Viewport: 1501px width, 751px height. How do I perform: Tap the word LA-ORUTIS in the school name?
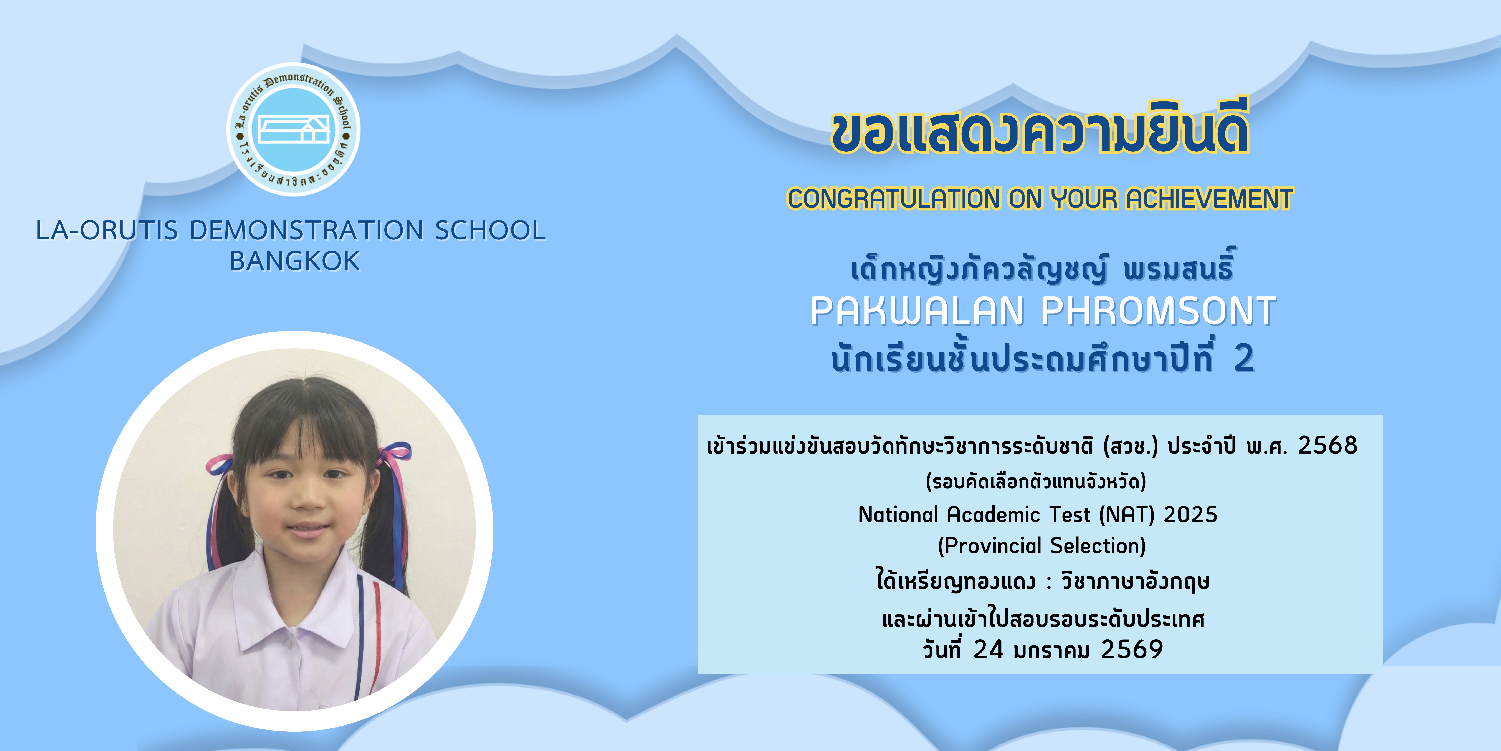click(107, 230)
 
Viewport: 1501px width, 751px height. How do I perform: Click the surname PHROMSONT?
click(1158, 311)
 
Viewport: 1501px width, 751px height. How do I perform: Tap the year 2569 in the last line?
click(1132, 650)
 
